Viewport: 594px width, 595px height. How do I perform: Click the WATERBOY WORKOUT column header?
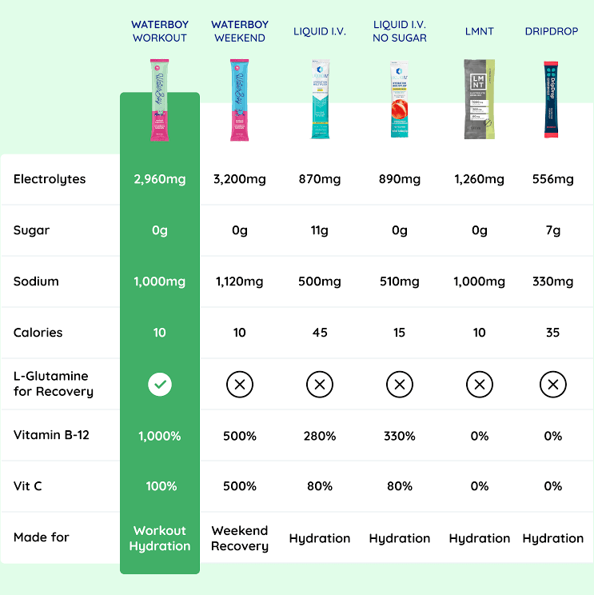(160, 31)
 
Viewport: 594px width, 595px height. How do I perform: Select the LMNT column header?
(479, 31)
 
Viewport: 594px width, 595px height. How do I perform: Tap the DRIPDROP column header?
(552, 31)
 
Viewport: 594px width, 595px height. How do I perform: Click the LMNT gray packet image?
(479, 99)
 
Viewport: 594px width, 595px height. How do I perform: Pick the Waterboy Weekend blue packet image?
(240, 99)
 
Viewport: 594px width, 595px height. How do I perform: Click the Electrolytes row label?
(50, 179)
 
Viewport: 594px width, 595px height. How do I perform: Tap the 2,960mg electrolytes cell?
(160, 179)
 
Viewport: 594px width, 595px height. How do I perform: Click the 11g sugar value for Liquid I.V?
(320, 230)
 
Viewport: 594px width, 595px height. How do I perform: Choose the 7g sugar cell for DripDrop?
(552, 230)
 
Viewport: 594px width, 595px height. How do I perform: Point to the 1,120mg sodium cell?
(240, 282)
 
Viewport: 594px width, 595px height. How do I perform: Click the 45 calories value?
(320, 333)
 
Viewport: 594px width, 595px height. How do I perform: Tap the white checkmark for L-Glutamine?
(160, 385)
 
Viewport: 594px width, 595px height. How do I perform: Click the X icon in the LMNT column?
(479, 385)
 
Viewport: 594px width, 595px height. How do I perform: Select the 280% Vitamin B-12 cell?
(320, 436)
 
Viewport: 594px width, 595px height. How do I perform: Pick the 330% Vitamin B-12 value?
(400, 436)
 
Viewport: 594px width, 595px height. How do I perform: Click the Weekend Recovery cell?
(240, 538)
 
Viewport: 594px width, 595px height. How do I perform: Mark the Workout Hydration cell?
(160, 538)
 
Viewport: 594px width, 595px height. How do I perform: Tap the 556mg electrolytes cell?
(552, 179)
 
